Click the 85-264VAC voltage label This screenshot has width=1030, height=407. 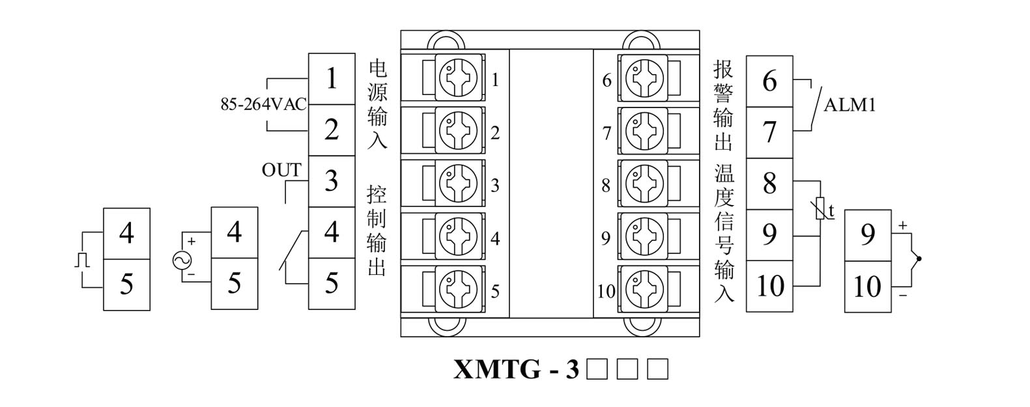pos(263,104)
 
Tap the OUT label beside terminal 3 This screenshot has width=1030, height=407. pos(281,170)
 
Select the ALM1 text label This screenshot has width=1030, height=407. pos(850,105)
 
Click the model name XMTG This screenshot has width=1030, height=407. pos(496,369)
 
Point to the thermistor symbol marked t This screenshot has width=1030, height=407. pos(821,209)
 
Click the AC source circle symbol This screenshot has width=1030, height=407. pos(182,260)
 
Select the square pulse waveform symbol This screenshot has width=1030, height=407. pos(81,260)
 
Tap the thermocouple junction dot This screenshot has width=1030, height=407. pos(919,259)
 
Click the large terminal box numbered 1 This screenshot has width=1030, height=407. pos(332,79)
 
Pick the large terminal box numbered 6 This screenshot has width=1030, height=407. pos(769,81)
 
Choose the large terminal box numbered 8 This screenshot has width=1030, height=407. pos(769,184)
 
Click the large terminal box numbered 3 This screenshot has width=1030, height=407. pos(332,181)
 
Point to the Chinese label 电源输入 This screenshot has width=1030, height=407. pos(378,104)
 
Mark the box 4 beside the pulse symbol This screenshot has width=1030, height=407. pos(126,233)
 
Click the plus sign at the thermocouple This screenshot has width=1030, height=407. pos(902,226)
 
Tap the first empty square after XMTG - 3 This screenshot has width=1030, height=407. pos(596,369)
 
